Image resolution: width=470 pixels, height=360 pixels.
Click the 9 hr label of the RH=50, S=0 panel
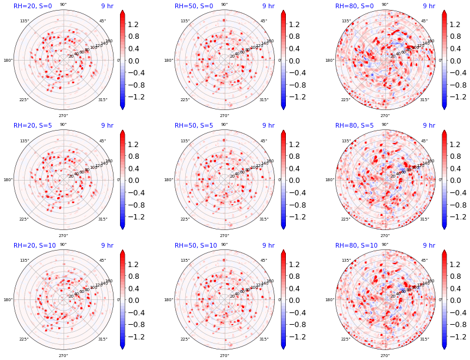[268, 6]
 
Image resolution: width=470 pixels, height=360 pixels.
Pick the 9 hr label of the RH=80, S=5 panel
[429, 125]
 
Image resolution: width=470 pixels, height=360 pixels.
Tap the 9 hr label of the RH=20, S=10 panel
[107, 245]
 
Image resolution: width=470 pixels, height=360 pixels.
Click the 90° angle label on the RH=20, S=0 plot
[63, 5]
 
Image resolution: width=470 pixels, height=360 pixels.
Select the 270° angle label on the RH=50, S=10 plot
[224, 355]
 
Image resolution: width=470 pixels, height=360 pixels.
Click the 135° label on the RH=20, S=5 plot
[24, 141]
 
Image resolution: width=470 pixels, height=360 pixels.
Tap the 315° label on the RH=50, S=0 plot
[264, 99]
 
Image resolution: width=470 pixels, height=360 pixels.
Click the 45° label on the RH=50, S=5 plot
[264, 141]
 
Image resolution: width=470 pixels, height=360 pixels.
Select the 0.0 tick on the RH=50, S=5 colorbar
[299, 181]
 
